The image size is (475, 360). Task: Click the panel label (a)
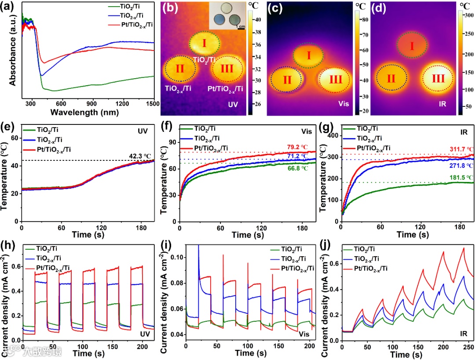10,8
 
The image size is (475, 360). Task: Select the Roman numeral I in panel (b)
204,43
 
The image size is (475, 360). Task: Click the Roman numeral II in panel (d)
391,79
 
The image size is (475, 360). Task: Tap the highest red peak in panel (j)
463,248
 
